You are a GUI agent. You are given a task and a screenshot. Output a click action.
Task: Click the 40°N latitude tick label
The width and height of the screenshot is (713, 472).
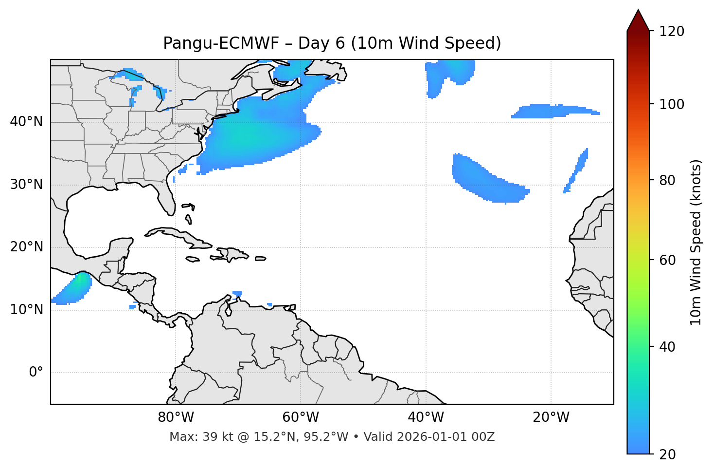[26, 122]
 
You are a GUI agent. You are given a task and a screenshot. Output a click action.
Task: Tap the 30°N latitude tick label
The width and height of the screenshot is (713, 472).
[26, 185]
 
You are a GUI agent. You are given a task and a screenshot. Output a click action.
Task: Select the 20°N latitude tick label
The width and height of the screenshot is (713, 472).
[26, 247]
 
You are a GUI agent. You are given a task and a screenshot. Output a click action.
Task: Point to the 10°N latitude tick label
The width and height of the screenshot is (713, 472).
[26, 310]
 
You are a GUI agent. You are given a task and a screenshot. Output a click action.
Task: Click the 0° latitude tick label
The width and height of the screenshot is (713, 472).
[36, 373]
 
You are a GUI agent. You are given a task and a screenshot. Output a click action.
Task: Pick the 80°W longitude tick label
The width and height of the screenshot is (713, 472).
[176, 417]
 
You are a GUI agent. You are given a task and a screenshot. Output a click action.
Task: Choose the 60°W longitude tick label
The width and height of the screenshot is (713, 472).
[301, 417]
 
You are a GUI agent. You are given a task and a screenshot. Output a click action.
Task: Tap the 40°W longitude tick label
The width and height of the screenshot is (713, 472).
[426, 417]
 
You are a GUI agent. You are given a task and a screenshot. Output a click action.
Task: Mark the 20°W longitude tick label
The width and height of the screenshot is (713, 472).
[551, 417]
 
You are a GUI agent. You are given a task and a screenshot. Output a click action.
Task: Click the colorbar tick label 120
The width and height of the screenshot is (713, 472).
[672, 32]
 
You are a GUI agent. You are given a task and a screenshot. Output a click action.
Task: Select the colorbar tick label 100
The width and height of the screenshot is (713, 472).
[672, 104]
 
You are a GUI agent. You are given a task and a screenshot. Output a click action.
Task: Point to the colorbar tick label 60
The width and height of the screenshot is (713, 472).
[666, 260]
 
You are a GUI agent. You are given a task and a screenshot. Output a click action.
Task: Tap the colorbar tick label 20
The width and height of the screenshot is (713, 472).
[666, 454]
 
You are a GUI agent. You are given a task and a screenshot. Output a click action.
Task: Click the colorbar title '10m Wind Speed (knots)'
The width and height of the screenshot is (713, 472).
[696, 243]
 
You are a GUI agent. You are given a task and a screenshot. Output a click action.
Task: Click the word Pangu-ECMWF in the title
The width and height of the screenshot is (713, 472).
[221, 43]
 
